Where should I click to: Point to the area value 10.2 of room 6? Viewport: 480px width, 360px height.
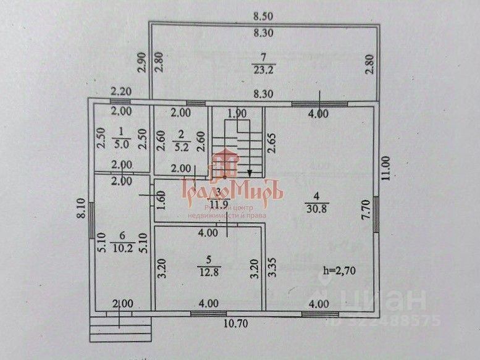pyautogui.click(x=122, y=249)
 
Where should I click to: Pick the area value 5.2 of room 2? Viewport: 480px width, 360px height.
pyautogui.click(x=181, y=148)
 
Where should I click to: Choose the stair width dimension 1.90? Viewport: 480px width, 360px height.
pyautogui.click(x=237, y=114)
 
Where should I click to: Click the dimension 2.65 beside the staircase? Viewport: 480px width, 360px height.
pyautogui.click(x=271, y=144)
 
